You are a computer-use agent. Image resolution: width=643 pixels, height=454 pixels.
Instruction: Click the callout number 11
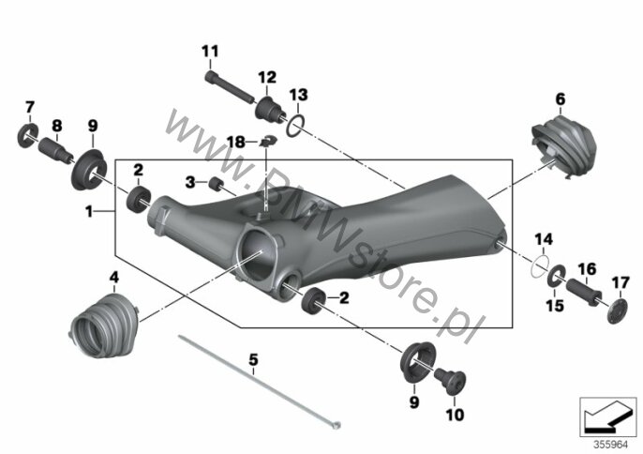click(x=210, y=52)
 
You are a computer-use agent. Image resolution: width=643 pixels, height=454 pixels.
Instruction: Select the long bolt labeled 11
click(x=230, y=88)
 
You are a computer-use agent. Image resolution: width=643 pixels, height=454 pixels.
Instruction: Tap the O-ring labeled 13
click(x=295, y=126)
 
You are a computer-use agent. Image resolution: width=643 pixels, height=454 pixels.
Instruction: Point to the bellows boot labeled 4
click(x=104, y=325)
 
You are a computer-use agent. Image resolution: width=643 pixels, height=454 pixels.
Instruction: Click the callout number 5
click(x=254, y=360)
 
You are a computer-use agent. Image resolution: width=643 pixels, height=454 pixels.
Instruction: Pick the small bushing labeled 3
click(x=216, y=184)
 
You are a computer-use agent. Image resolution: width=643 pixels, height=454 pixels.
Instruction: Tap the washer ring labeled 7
click(x=28, y=135)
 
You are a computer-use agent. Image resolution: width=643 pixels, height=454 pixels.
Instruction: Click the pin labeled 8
click(x=56, y=150)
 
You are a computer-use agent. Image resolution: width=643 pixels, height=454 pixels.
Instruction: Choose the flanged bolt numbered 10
click(x=450, y=381)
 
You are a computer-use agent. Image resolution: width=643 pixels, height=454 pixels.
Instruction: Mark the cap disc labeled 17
click(x=618, y=311)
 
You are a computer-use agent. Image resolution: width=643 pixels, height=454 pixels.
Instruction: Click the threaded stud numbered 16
click(x=584, y=291)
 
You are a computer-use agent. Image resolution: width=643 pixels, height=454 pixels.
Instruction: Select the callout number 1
click(x=89, y=212)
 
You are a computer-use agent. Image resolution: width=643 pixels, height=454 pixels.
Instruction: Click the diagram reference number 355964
click(x=611, y=445)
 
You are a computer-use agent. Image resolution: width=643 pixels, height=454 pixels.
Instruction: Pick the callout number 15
click(x=555, y=306)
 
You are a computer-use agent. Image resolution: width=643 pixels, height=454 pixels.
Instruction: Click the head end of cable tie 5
click(x=337, y=425)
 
